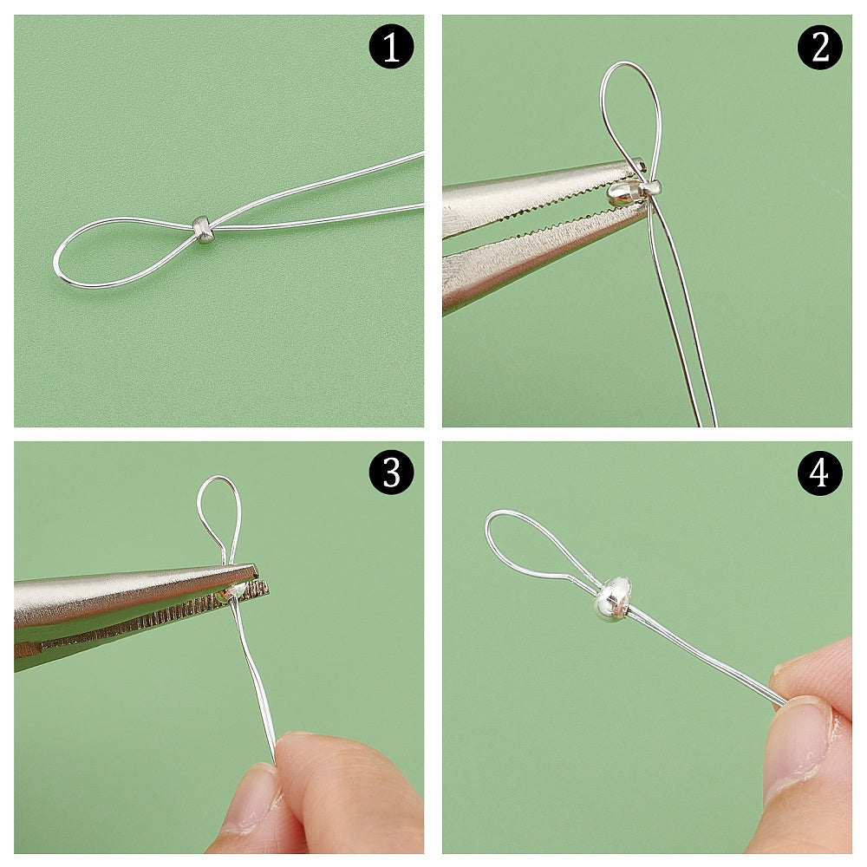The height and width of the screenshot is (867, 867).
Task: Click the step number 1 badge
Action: pyautogui.click(x=391, y=47)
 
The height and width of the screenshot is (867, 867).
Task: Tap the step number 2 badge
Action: pyautogui.click(x=819, y=47)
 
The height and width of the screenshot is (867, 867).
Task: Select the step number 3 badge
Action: pyautogui.click(x=391, y=473)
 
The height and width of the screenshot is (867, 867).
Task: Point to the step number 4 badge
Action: pyautogui.click(x=819, y=473)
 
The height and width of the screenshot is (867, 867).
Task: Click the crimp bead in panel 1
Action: pyautogui.click(x=204, y=231)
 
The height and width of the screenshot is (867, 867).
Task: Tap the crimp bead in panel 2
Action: pyautogui.click(x=653, y=187)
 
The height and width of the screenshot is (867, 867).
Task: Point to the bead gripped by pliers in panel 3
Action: pyautogui.click(x=234, y=591)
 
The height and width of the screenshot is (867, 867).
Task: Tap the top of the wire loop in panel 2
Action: pyautogui.click(x=630, y=63)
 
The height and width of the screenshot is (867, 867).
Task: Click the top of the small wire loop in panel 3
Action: pyautogui.click(x=219, y=478)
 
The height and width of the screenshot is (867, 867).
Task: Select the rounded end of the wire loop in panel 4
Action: pyautogui.click(x=489, y=523)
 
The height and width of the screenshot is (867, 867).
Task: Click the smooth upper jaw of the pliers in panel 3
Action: pyautogui.click(x=133, y=591)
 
